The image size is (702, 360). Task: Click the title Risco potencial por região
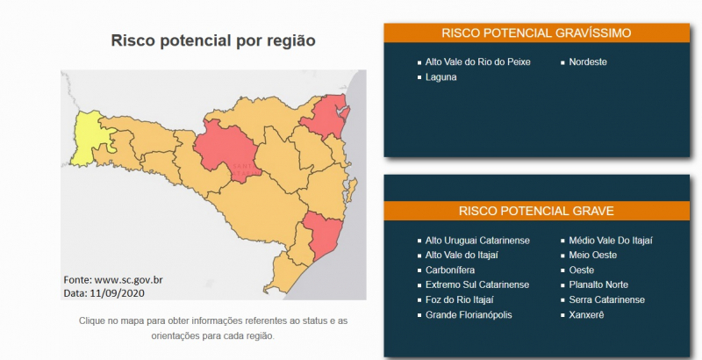click(213, 40)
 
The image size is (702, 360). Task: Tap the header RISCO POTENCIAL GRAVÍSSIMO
click(536, 33)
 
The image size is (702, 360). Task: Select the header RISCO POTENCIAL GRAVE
click(536, 211)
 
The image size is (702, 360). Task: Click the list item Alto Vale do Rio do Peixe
click(477, 61)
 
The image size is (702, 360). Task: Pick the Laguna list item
click(441, 77)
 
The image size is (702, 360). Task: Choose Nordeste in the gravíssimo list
click(588, 61)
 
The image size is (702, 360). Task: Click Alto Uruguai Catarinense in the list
click(477, 241)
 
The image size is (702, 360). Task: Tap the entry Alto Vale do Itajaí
click(462, 256)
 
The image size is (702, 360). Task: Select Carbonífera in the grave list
click(450, 270)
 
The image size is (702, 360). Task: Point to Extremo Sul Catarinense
click(477, 284)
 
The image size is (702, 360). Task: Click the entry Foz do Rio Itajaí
click(459, 300)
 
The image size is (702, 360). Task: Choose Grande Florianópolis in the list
click(469, 314)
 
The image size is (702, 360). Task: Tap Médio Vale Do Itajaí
click(611, 241)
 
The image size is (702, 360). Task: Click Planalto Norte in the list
click(598, 284)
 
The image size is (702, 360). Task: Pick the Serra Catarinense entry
click(606, 300)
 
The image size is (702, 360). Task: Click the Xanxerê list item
click(586, 314)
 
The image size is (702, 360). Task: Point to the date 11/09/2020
click(118, 293)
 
